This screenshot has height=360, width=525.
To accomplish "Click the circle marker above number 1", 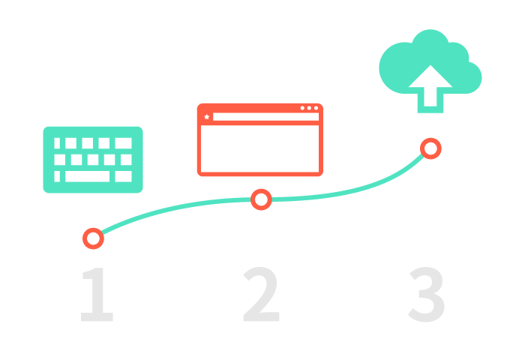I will coord(93,238).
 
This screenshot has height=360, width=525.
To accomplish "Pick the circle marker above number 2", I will coord(261,199).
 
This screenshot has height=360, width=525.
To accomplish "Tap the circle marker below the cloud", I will coord(430,148).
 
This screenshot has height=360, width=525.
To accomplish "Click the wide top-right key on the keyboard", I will coord(123,143).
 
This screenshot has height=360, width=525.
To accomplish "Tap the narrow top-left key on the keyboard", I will coord(57,143).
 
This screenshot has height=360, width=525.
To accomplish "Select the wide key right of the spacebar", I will coord(123,176).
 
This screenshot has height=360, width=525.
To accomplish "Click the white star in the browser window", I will coord(207,117).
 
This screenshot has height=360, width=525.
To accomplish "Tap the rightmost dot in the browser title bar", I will coord(316,108).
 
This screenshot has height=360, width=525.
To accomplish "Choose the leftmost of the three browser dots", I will coord(302,108).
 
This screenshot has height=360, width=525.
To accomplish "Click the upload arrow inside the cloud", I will coord(430,87).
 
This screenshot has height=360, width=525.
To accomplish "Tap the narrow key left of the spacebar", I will coord(57,176).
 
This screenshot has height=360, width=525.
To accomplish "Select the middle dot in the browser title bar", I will coord(309,108).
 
